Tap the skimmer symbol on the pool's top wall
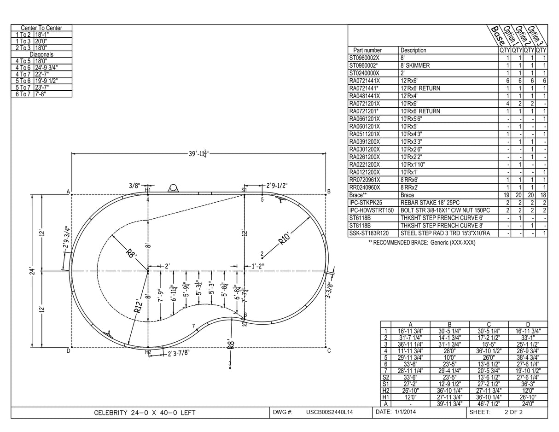(x=174, y=188)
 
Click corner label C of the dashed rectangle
(x=329, y=351)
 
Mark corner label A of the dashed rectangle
(x=68, y=192)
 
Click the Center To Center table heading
(x=41, y=28)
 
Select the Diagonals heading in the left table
(x=41, y=54)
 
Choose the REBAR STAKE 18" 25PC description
(x=430, y=203)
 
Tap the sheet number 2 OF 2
(x=513, y=412)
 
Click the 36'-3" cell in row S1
(x=528, y=384)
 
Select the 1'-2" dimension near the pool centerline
(x=257, y=266)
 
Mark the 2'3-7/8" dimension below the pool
(x=178, y=353)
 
